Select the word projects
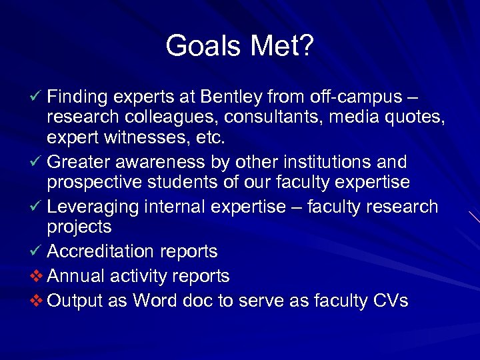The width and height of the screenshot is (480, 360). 79,227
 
